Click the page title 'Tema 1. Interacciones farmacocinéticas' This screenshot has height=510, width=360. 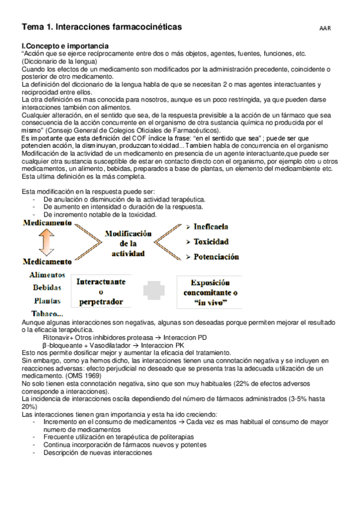tap(102, 28)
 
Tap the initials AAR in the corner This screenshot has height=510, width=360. tap(325, 28)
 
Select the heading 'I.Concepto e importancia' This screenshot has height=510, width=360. tap(65, 46)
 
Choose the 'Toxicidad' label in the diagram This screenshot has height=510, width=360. tap(211, 242)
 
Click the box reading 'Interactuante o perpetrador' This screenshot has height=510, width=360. tap(100, 290)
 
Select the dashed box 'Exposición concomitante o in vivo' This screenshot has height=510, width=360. tap(210, 292)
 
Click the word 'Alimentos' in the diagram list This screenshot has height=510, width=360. tap(47, 275)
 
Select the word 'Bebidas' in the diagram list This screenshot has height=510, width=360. tap(47, 287)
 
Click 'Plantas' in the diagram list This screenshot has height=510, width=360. tap(47, 300)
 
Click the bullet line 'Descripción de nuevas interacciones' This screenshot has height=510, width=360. tap(97, 453)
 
